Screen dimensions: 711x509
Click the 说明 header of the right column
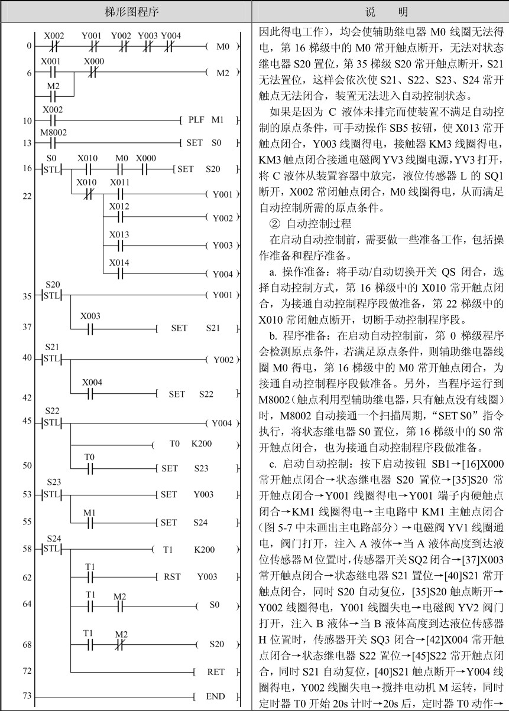point(380,11)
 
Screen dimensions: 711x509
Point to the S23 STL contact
point(53,494)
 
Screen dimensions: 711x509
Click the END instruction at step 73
point(215,696)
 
